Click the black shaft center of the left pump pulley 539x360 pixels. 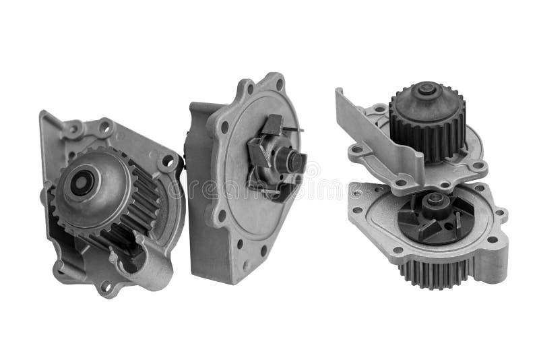coord(83,182)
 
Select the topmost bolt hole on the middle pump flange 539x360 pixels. coord(251,88)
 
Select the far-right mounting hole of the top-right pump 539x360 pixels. coord(477,164)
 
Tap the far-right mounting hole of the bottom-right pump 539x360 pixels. coord(499,214)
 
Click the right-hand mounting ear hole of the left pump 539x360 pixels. coord(167,162)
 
